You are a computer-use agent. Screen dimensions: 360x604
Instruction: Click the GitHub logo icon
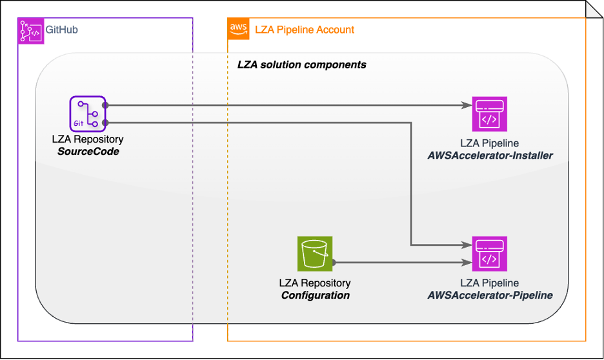point(29,30)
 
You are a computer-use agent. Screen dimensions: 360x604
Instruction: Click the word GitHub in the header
point(62,30)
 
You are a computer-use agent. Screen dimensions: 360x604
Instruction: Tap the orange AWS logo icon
point(238,29)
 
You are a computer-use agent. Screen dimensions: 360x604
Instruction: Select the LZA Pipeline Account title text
point(305,30)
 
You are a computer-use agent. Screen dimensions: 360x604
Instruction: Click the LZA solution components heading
point(302,65)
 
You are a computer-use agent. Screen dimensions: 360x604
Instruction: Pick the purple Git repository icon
point(87,114)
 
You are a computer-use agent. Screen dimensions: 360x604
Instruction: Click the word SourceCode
point(87,151)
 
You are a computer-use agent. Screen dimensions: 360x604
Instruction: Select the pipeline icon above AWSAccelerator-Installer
point(490,114)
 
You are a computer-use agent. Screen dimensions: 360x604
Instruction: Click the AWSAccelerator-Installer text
point(490,155)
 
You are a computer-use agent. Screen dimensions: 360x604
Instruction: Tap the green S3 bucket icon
point(314,254)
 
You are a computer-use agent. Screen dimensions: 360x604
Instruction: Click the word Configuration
point(315,295)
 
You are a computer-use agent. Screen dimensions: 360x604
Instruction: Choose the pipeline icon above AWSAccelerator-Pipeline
point(490,254)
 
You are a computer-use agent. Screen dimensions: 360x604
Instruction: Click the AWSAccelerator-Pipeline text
point(490,295)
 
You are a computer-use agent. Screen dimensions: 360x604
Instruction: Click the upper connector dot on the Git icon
point(105,105)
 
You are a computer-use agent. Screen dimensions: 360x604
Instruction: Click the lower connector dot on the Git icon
point(105,123)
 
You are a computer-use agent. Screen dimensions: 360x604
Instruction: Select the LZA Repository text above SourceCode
point(87,139)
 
